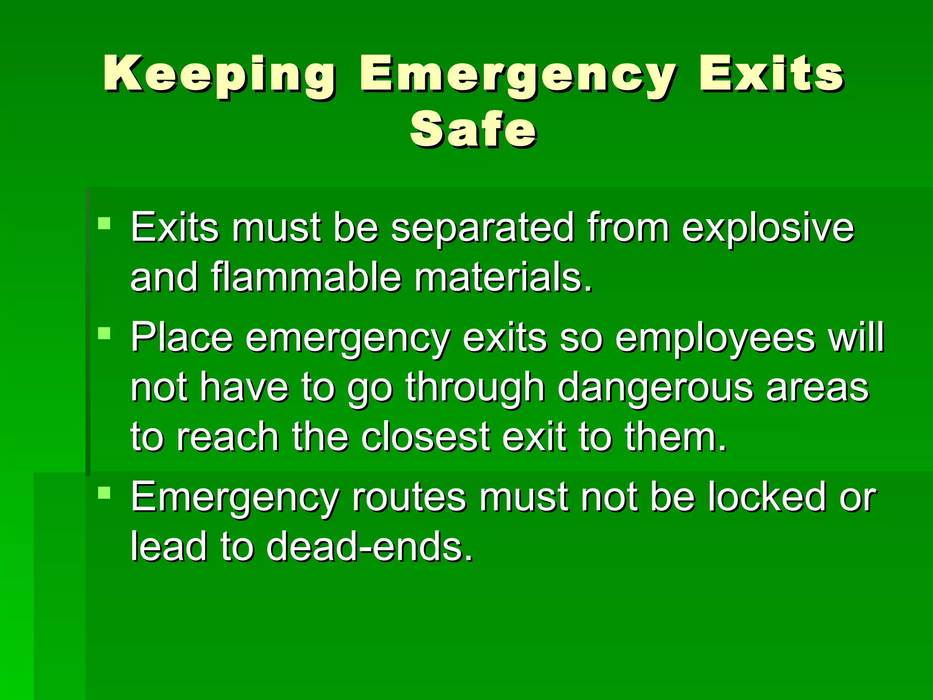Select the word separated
[482, 228]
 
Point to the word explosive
[768, 228]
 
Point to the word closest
[426, 437]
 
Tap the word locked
[767, 497]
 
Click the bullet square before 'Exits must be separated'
[104, 223]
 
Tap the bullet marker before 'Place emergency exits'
[104, 334]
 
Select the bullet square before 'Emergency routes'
[104, 493]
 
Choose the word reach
[228, 437]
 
